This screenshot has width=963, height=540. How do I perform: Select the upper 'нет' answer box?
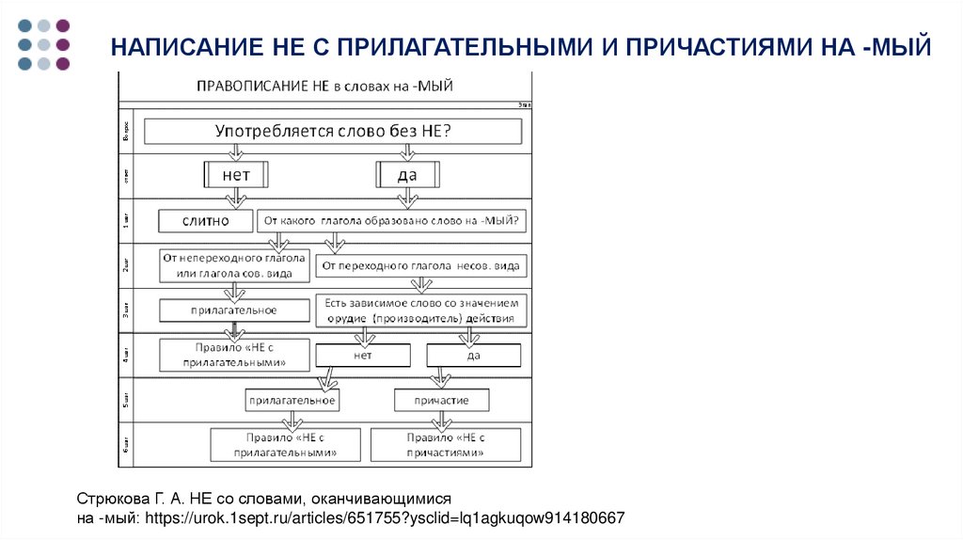tap(236, 175)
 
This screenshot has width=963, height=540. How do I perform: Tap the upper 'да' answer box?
tap(407, 175)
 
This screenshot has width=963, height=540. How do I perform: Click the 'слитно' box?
tap(205, 221)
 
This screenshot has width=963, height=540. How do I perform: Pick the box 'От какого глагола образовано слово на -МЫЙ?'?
tap(392, 221)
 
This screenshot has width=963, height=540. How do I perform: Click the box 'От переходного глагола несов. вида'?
tap(420, 266)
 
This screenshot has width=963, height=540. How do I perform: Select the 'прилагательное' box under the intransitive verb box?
tap(234, 310)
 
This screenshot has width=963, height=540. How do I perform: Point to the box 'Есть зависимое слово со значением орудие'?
tap(420, 310)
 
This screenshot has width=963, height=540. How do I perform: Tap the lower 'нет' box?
tap(363, 356)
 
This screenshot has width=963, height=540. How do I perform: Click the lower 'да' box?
tap(474, 356)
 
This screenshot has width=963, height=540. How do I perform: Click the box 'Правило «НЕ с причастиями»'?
tap(446, 445)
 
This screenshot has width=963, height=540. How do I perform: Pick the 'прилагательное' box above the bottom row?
tap(292, 401)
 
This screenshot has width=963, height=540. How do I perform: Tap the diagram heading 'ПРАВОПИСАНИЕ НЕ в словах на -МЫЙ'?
tap(325, 86)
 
